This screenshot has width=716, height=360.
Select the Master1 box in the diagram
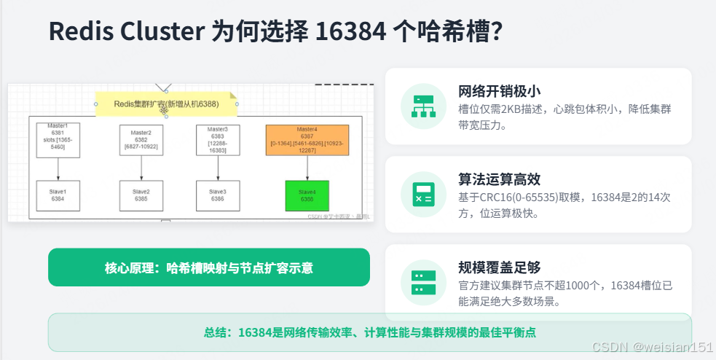point(58,137)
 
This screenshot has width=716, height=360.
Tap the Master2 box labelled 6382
point(141,139)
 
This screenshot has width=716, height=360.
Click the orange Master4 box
point(307,139)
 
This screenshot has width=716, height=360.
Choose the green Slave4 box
point(307,195)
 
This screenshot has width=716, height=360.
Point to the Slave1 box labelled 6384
point(58,195)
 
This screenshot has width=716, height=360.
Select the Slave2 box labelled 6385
point(141,195)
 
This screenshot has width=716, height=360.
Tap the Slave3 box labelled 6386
point(218,195)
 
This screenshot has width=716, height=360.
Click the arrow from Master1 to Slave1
point(58,166)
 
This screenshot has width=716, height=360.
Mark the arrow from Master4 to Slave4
point(307,168)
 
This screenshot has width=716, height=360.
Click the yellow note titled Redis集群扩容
point(166,104)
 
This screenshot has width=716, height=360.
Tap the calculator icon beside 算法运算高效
point(423,194)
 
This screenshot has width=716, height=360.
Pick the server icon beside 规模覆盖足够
point(423,282)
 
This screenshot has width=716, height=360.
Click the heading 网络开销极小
point(499,91)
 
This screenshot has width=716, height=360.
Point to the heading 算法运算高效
point(499,179)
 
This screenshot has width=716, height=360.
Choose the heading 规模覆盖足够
point(499,267)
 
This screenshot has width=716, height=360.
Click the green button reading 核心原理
point(209,267)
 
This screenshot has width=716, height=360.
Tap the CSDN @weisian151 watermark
point(652,348)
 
